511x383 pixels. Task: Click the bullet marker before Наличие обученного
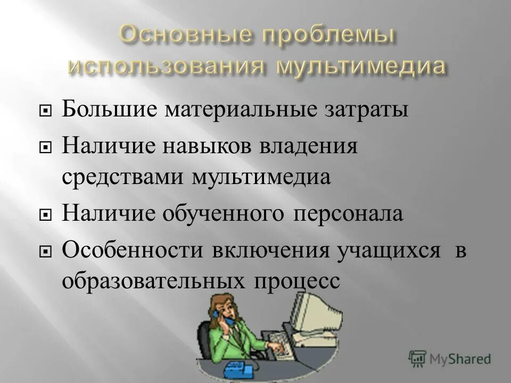coord(46,215)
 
